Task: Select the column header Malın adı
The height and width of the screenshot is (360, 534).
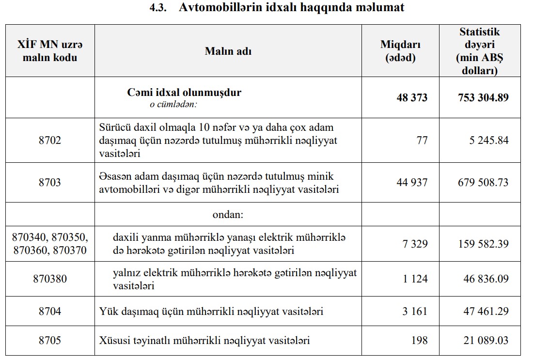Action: [228, 51]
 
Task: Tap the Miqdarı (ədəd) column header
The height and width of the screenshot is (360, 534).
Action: [400, 51]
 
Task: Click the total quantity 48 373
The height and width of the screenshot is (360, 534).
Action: [412, 97]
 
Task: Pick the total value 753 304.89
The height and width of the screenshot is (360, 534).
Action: [483, 97]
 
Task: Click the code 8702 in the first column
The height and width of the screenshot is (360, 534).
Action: [50, 141]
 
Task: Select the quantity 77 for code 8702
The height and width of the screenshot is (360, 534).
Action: [422, 141]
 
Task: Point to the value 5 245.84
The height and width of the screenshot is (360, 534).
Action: [486, 141]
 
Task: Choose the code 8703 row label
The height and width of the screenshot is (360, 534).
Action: [50, 183]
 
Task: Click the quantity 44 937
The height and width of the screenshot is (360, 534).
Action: [412, 183]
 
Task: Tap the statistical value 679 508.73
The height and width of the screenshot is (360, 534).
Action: [483, 183]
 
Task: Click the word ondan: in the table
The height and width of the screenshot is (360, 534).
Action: [228, 214]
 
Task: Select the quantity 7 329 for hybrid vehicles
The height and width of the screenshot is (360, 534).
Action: [415, 244]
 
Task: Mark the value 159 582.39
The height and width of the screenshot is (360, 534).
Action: [483, 244]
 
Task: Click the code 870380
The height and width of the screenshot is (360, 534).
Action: [50, 279]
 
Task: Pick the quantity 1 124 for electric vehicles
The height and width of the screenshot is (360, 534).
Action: [415, 279]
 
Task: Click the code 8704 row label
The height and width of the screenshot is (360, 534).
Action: [50, 311]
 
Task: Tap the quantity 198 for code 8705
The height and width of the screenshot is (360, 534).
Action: [420, 340]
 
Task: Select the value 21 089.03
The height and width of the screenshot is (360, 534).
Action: [486, 340]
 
